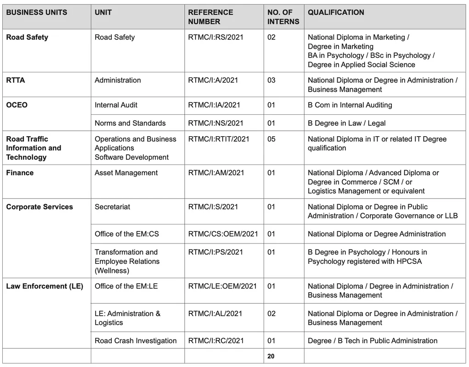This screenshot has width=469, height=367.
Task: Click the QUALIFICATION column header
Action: click(336, 12)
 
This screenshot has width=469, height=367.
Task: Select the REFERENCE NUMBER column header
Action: click(210, 17)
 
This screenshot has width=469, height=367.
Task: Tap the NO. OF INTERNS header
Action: click(283, 17)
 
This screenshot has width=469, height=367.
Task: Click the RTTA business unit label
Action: click(16, 80)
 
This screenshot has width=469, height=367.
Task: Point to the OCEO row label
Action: click(17, 105)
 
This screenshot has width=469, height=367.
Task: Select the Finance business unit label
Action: click(20, 173)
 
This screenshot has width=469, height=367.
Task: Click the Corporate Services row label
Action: click(40, 207)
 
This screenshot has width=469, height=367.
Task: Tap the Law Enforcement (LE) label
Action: click(45, 286)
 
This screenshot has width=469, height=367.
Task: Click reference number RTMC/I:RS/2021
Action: click(215, 37)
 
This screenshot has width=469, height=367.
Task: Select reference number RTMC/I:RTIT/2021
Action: click(218, 139)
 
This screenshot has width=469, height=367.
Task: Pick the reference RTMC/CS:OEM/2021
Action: click(223, 234)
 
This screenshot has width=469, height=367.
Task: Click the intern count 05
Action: click(271, 139)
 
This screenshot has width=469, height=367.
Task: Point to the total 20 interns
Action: click(271, 356)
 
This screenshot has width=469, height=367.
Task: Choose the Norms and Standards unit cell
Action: click(130, 123)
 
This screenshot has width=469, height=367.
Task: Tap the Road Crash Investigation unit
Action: click(136, 341)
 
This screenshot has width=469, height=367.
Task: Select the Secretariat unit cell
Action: click(112, 207)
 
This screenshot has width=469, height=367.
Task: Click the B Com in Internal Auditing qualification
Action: click(350, 105)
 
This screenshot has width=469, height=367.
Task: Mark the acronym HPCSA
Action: click(407, 261)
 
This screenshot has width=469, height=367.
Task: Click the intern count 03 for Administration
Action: click(271, 80)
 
